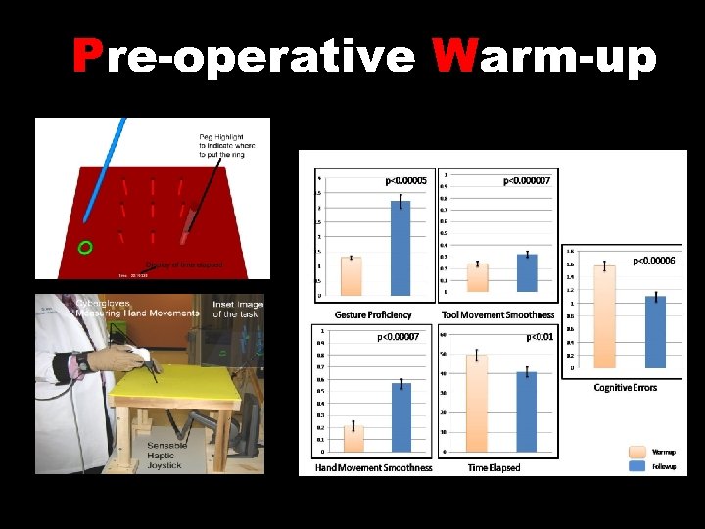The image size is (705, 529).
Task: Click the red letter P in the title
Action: click(x=89, y=58)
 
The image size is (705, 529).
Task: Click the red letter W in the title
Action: click(x=451, y=58)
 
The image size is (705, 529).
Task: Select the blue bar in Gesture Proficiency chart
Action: click(x=400, y=247)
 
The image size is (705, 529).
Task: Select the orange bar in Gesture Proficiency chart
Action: click(x=352, y=275)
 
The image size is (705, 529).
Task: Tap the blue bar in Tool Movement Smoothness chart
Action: click(x=527, y=272)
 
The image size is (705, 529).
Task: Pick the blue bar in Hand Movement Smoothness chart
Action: click(x=400, y=416)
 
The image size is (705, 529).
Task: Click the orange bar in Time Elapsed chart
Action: click(x=477, y=403)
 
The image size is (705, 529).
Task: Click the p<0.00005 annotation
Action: click(x=405, y=180)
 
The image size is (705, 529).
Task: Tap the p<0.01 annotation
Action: click(x=540, y=337)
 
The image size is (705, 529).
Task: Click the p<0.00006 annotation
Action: click(x=654, y=261)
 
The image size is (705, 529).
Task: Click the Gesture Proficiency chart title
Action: click(x=373, y=314)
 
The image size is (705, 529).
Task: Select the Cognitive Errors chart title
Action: click(x=626, y=388)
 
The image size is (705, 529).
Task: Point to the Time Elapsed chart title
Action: click(x=494, y=467)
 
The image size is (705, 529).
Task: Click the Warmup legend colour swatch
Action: click(x=636, y=453)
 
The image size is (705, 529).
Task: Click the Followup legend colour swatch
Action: click(x=636, y=466)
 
